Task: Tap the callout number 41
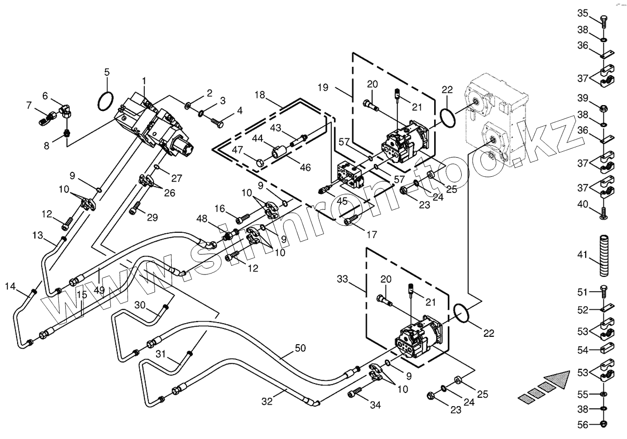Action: point(582,255)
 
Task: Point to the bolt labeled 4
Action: point(217,123)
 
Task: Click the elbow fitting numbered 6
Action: point(67,110)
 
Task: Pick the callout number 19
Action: point(323,87)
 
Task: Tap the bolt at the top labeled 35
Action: point(602,21)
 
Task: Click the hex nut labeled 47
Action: point(260,163)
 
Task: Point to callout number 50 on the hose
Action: point(300,348)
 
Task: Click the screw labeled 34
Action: point(355,392)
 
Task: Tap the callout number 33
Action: point(342,279)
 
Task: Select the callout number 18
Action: point(260,95)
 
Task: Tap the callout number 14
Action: point(10,286)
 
